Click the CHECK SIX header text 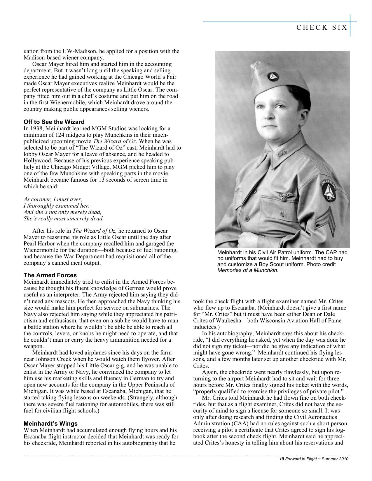pos(322,27)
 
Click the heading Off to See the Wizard pos(54,122)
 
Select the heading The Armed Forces pos(50,275)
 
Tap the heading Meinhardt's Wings pos(50,423)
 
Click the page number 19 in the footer pos(282,459)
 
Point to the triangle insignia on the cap pos(274,77)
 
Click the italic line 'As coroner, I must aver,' pos(53,199)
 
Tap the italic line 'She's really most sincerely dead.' pos(64,219)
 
